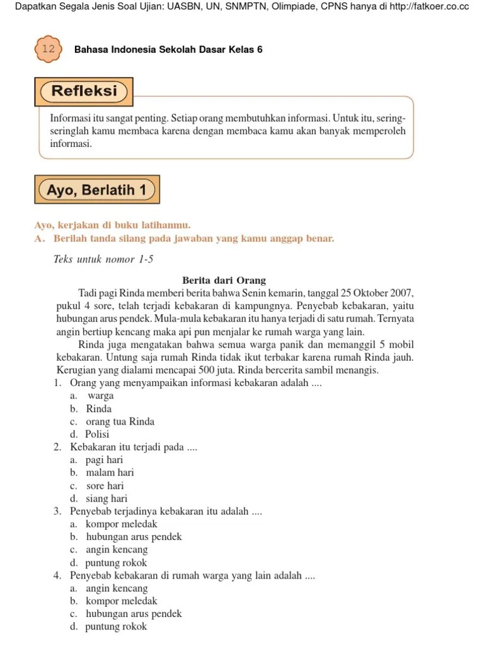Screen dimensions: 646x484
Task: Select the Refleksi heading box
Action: click(84, 91)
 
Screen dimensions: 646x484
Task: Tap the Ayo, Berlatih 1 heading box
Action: click(96, 190)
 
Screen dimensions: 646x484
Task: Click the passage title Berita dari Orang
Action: click(224, 280)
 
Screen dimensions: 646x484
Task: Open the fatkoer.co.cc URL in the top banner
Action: click(420, 6)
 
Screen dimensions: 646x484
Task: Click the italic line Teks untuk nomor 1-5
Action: click(103, 259)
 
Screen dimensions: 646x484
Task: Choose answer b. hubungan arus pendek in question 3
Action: click(126, 537)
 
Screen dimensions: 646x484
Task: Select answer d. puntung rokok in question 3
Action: click(108, 563)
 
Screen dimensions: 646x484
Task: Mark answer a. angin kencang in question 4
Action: click(109, 589)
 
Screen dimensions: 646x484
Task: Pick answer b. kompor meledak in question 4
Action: click(114, 601)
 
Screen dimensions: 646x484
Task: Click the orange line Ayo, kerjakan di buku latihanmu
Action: click(112, 225)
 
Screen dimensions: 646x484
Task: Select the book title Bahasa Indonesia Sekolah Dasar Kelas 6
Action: click(168, 49)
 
